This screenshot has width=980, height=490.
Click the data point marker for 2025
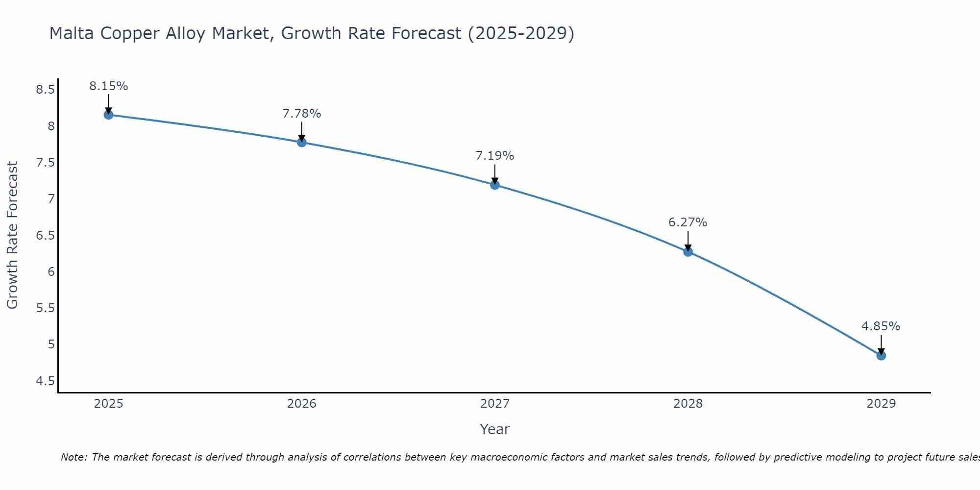coord(108,115)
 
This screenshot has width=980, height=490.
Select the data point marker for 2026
coord(302,143)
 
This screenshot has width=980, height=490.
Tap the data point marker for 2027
coord(495,185)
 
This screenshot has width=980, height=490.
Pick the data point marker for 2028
coord(688,252)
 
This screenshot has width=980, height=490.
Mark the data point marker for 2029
coord(881,356)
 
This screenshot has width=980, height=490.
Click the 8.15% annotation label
coord(108,86)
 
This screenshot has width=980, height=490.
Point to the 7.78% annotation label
coord(302,114)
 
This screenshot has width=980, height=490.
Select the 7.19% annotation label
coord(495,156)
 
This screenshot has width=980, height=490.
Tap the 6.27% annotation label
coord(688,222)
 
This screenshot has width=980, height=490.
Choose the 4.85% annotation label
coord(881,326)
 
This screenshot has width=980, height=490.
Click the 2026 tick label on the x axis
coord(302,404)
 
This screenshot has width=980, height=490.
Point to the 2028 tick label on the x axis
coord(688,404)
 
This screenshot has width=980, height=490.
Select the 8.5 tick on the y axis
coord(45,90)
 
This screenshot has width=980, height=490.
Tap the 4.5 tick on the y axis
coord(45,381)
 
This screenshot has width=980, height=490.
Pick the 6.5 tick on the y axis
coord(45,236)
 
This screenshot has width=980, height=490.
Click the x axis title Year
coord(495,429)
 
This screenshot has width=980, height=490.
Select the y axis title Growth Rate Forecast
coord(12,235)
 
